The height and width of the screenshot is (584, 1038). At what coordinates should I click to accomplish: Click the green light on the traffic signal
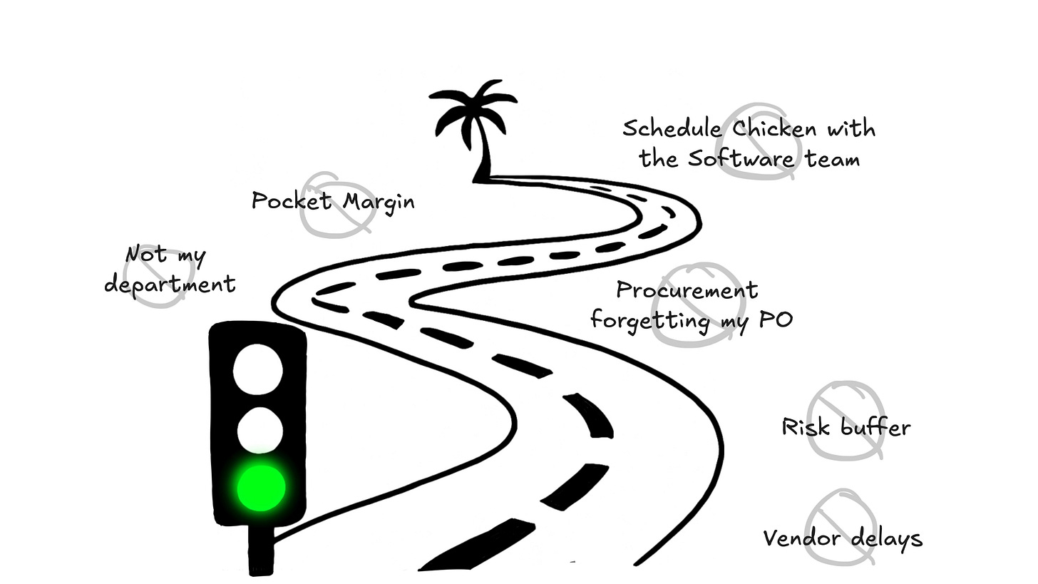point(261,488)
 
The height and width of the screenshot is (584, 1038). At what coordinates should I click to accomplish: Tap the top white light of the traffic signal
point(258,370)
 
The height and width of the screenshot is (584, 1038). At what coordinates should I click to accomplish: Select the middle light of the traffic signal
point(259,430)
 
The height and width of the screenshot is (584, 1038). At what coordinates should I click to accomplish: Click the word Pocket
point(292,201)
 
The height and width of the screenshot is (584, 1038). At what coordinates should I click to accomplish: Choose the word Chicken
point(774,129)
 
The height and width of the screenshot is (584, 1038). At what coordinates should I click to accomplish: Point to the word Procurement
point(687,290)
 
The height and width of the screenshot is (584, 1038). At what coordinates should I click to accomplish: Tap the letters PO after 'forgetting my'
point(776,319)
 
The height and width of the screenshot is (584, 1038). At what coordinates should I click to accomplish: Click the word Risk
point(806,427)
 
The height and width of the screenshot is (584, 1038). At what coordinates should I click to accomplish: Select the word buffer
point(875,427)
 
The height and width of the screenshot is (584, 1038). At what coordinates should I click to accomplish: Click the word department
point(170,285)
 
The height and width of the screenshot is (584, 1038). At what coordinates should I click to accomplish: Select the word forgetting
point(652,320)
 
